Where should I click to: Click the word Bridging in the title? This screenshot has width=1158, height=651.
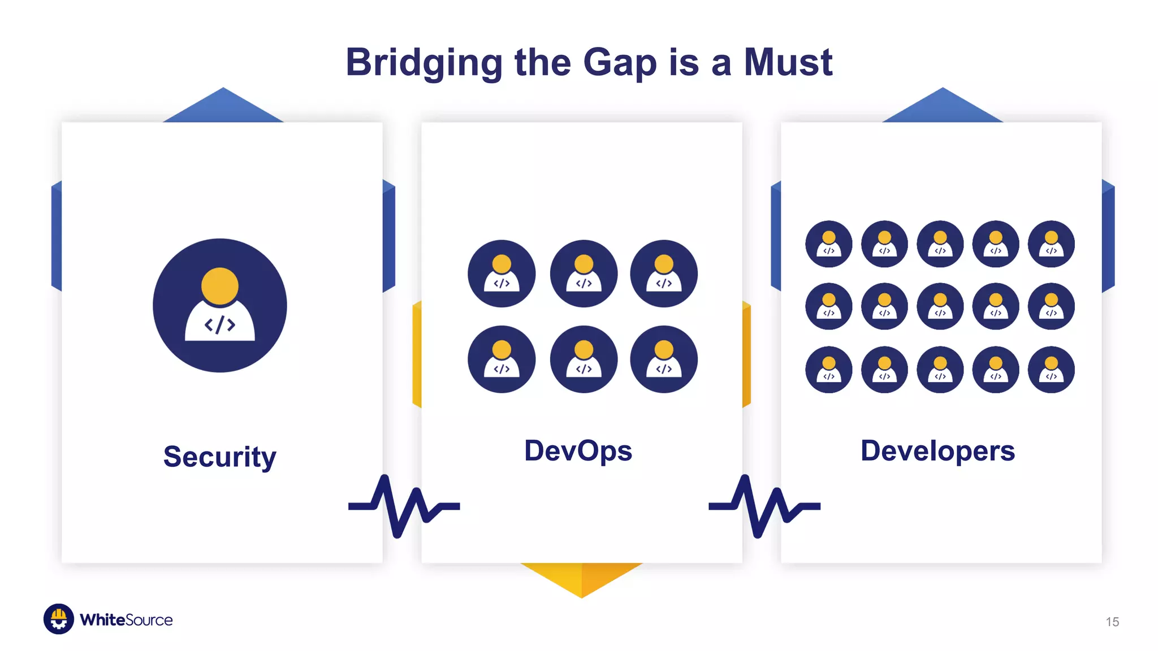(424, 62)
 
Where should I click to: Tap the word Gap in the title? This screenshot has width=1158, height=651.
(619, 62)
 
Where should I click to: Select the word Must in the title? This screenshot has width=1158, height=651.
(788, 62)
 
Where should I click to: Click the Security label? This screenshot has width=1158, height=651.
(220, 457)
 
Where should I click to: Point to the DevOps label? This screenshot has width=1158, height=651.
(578, 451)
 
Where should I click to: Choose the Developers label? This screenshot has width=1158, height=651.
(937, 451)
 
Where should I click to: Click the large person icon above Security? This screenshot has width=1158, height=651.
(220, 305)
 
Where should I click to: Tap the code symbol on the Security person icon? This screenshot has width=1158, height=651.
(220, 325)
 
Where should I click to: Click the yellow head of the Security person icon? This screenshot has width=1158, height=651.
(220, 285)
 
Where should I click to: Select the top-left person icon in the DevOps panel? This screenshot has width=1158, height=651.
(502, 274)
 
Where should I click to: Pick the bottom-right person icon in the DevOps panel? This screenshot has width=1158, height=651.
(664, 359)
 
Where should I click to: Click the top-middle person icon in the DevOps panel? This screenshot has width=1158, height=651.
(584, 274)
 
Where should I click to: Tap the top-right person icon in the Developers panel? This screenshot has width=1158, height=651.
(1051, 244)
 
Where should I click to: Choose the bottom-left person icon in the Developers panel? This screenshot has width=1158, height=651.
(829, 370)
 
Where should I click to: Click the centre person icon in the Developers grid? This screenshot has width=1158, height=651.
(940, 306)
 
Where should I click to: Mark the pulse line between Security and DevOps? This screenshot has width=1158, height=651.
(403, 506)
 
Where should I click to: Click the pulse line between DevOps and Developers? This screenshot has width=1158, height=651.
(764, 506)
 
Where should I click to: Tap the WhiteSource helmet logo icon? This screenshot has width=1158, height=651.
(59, 619)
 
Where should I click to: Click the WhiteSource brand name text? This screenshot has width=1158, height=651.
(126, 620)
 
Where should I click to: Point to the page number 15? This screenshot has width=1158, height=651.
(1112, 622)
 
